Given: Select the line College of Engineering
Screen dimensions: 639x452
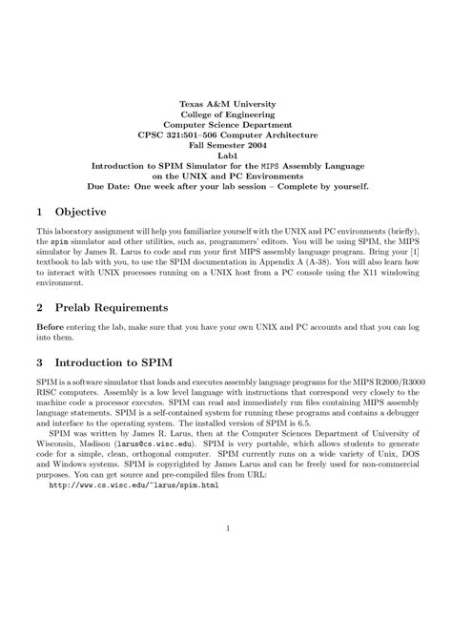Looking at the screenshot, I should pyautogui.click(x=225, y=114).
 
